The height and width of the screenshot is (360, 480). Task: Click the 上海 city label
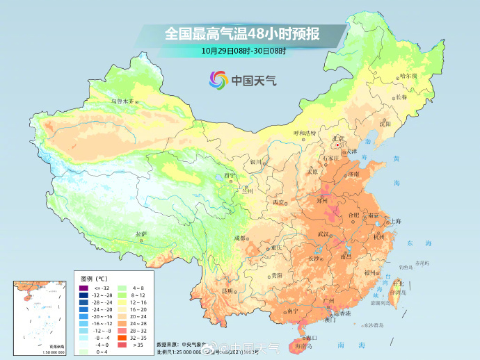pyautogui.click(x=395, y=221)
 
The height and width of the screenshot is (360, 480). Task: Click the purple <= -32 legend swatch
pyautogui.click(x=83, y=287)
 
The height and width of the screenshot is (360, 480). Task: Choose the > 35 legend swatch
pyautogui.click(x=120, y=343)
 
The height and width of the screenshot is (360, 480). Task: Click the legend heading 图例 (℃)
pyautogui.click(x=92, y=277)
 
